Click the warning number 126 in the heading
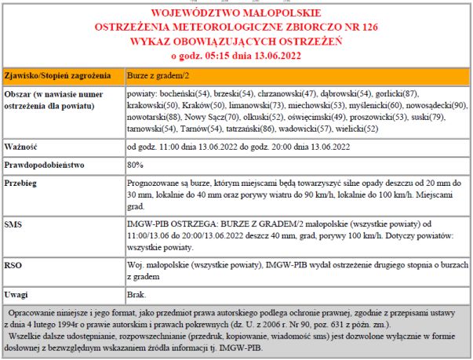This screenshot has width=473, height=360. coord(367,26)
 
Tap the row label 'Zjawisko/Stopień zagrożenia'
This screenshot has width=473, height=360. coord(54,77)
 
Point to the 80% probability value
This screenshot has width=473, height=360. coord(135,165)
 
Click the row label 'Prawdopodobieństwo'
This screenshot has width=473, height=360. coord(45,165)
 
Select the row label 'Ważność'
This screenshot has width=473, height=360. coord(21,146)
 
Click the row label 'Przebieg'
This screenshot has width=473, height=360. coord(22,184)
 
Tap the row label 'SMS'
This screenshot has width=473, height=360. coord(13,224)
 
